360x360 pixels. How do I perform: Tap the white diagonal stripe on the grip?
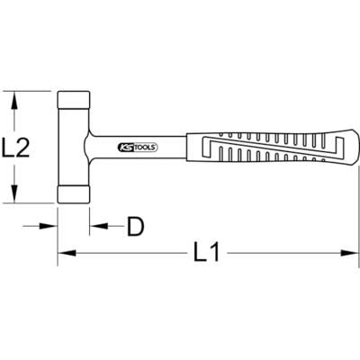click(x=261, y=147)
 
